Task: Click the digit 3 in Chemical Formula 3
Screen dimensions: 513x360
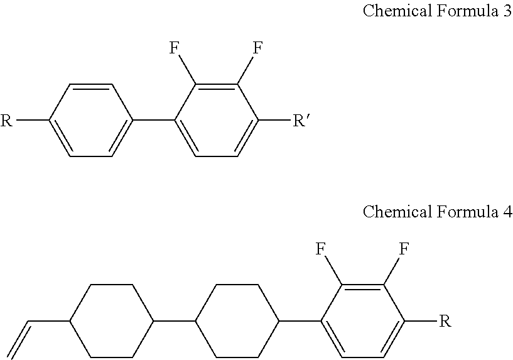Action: click(x=507, y=12)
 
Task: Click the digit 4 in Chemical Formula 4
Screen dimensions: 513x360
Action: click(x=507, y=212)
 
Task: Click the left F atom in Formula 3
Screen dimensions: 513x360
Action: click(x=176, y=48)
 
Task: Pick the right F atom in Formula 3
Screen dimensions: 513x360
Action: click(x=257, y=48)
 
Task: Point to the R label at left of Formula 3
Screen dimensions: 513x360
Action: click(x=7, y=120)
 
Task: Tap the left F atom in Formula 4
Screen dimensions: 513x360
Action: click(x=321, y=249)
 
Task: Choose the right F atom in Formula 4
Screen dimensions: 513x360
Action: click(x=404, y=249)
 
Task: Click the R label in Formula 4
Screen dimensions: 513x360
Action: click(x=444, y=322)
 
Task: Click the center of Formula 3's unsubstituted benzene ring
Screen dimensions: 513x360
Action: click(x=91, y=119)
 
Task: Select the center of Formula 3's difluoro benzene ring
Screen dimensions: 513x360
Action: click(x=217, y=119)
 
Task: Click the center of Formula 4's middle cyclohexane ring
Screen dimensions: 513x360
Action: click(x=237, y=322)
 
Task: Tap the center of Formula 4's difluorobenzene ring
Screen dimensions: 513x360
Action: click(x=362, y=322)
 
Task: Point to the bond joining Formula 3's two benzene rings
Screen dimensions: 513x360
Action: click(x=154, y=119)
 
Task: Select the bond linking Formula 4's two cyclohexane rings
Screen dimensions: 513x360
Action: click(x=175, y=322)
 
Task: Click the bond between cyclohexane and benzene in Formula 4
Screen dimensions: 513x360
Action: click(x=300, y=322)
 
